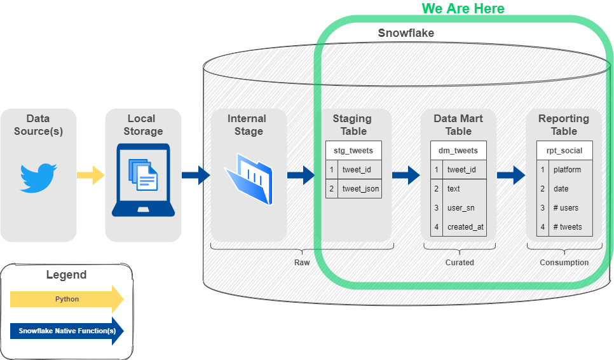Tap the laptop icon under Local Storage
coord(143,180)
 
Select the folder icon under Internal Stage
coord(248,178)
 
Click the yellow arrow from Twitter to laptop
coord(90,175)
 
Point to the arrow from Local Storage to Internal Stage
coord(196,175)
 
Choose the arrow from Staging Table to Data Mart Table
coord(406,175)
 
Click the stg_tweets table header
coord(353,151)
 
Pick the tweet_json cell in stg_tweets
coord(360,189)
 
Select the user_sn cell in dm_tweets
coord(461,208)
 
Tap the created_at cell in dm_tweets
coord(465,227)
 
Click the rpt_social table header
coord(564,151)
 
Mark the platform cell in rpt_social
coord(567,170)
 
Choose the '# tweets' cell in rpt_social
coord(567,227)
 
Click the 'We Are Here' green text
coord(463,8)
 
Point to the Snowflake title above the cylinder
coord(406,33)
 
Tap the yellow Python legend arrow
coord(67,299)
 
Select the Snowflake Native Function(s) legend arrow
coord(67,331)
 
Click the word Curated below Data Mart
coord(460,262)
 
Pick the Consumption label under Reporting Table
coord(564,262)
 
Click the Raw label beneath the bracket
coord(302,262)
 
